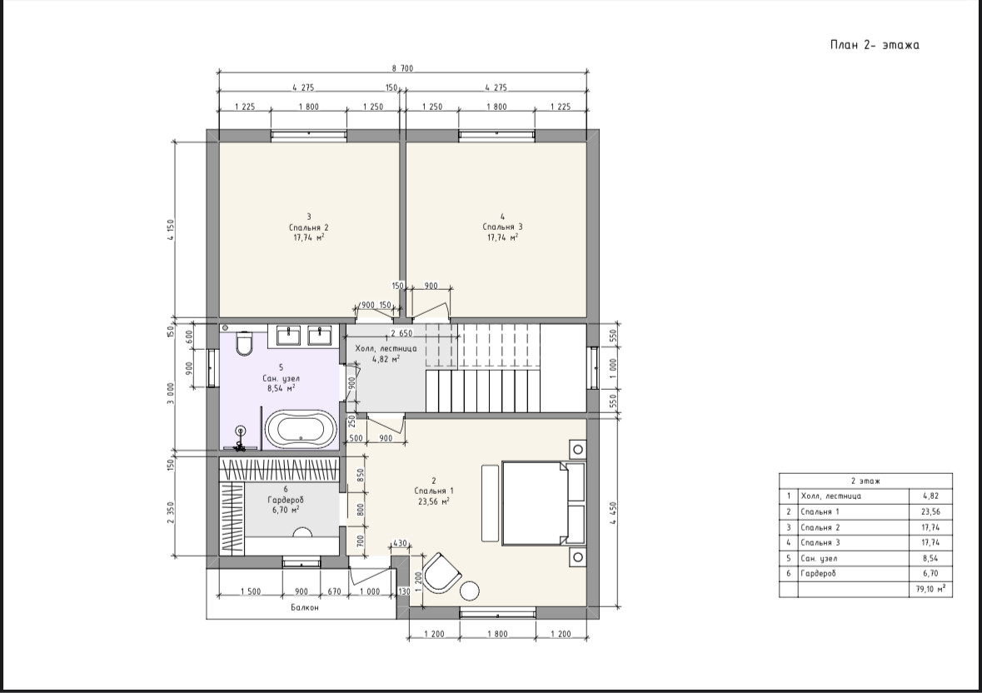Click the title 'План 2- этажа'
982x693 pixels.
[x=875, y=44]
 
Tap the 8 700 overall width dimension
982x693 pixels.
[x=402, y=69]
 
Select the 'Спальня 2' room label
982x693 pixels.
[x=309, y=227]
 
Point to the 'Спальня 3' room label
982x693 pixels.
[x=502, y=227]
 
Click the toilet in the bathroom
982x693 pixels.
[x=244, y=342]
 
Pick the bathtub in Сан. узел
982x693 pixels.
[x=301, y=430]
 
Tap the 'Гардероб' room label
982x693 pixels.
[x=286, y=500]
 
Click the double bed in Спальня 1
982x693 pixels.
[x=543, y=503]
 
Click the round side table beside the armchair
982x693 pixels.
[x=470, y=591]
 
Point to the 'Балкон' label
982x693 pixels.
[x=305, y=607]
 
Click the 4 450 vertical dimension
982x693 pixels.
[x=612, y=513]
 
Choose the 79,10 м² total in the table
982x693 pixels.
[x=930, y=588]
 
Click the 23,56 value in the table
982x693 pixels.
[x=930, y=511]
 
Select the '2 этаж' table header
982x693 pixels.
[x=865, y=481]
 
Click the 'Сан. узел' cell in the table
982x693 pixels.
[x=819, y=558]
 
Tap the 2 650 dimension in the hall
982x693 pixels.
[x=401, y=333]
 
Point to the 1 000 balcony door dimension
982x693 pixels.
[x=370, y=591]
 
